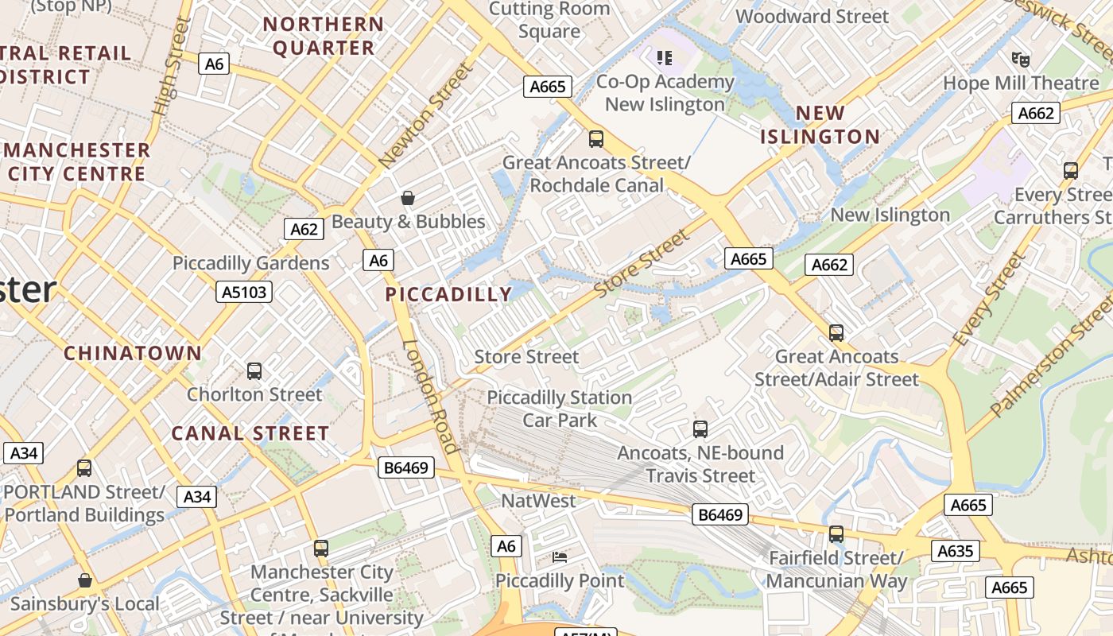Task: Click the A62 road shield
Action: click(304, 230)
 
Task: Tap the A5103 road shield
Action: click(244, 293)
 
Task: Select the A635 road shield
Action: click(956, 551)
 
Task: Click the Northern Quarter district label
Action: click(324, 36)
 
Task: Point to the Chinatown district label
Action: click(133, 353)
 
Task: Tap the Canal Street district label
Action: click(250, 433)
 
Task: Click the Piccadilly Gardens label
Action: click(250, 263)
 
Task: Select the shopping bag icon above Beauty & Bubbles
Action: click(408, 198)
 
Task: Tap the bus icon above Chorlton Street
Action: click(254, 370)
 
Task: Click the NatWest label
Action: click(538, 501)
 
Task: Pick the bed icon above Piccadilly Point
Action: click(560, 557)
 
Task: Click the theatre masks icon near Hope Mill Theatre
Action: click(1021, 59)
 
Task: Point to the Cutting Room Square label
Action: click(549, 20)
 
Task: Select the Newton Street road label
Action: click(426, 116)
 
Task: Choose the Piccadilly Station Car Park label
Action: click(560, 408)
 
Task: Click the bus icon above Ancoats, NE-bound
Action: click(700, 429)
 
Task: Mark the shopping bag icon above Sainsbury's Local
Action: click(85, 580)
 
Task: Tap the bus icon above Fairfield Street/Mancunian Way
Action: click(836, 534)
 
